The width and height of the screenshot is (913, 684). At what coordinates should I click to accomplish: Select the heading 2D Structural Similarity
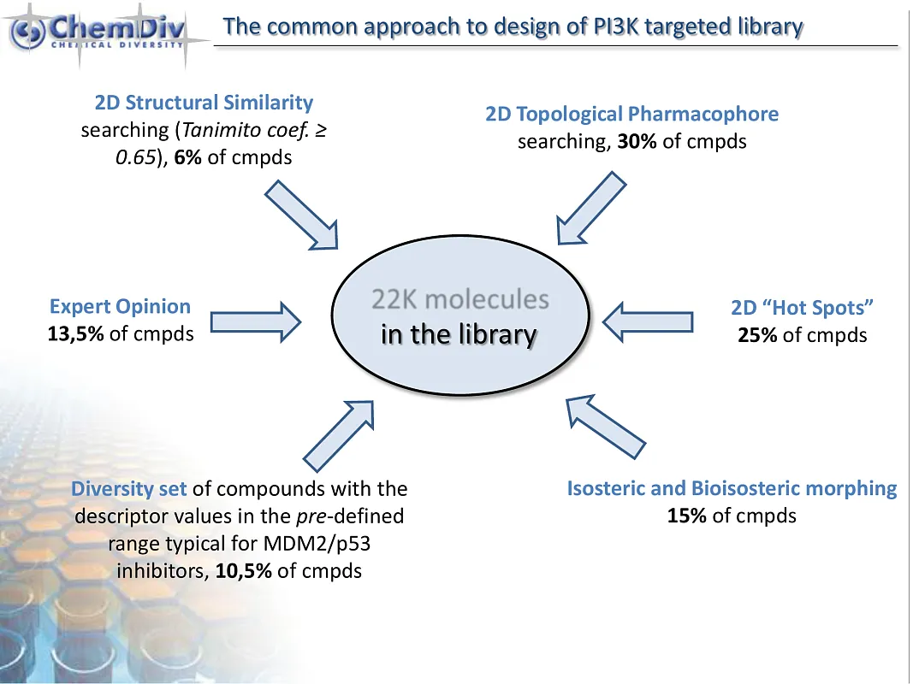click(x=204, y=103)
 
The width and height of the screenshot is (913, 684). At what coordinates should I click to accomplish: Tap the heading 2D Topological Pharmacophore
click(x=631, y=114)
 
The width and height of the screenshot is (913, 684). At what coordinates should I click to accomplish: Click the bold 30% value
click(x=637, y=141)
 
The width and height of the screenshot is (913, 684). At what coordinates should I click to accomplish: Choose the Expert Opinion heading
click(x=120, y=306)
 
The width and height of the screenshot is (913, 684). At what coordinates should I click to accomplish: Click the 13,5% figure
click(x=76, y=333)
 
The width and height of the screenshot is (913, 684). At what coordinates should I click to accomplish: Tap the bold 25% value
click(x=757, y=335)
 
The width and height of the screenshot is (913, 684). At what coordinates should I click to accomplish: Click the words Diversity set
click(x=129, y=489)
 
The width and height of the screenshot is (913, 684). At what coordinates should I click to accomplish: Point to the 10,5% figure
click(x=244, y=570)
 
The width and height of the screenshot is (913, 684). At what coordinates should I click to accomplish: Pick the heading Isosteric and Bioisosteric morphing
click(x=732, y=489)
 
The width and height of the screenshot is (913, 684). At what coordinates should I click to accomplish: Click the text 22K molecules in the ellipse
click(x=459, y=299)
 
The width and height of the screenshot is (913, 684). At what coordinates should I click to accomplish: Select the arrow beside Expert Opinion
click(x=255, y=321)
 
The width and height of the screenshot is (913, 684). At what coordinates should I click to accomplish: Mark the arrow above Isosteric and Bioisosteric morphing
click(x=605, y=425)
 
